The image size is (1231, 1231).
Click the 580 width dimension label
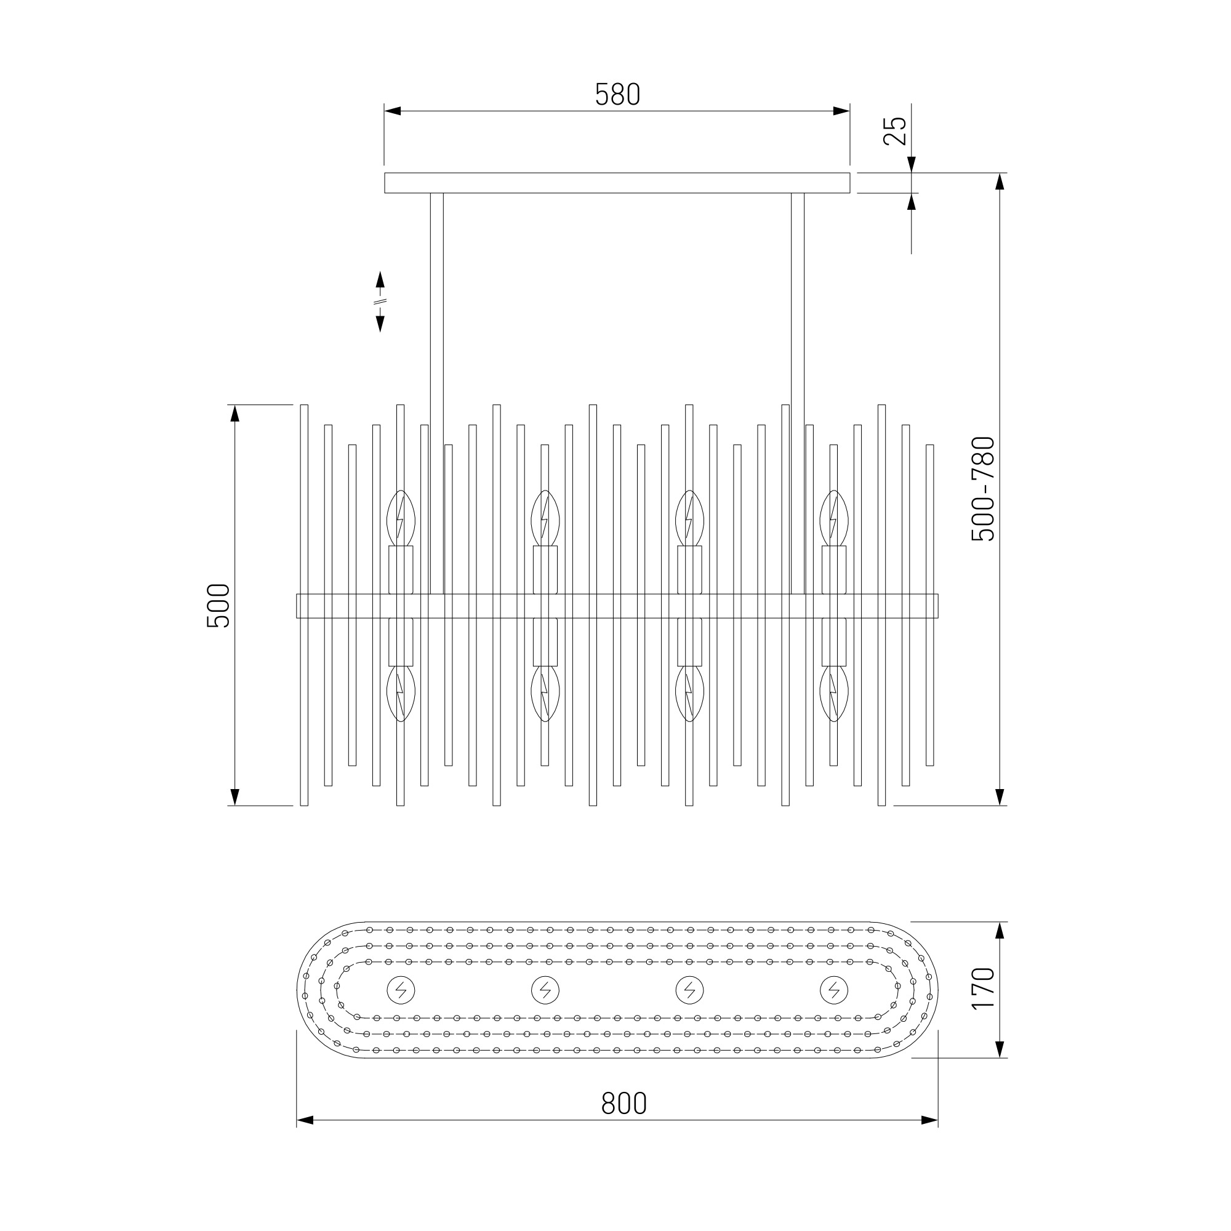[617, 94]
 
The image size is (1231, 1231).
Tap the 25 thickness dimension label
[894, 131]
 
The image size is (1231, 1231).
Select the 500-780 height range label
[982, 489]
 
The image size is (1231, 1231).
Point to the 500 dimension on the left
[218, 606]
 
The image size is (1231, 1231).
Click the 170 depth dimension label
[982, 988]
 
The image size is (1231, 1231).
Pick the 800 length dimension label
[624, 1104]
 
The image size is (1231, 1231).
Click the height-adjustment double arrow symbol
[380, 302]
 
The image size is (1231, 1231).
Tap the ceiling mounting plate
[617, 182]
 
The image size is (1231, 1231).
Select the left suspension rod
[436, 393]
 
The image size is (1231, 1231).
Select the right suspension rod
[798, 393]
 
